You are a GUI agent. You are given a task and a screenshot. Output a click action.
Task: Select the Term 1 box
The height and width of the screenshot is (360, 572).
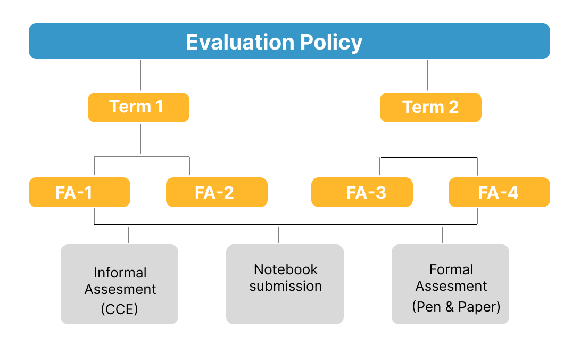(x=139, y=108)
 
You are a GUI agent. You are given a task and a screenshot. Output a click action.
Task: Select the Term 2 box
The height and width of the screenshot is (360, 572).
(x=430, y=108)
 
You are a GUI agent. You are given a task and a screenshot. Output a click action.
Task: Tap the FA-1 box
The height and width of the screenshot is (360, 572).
(x=79, y=192)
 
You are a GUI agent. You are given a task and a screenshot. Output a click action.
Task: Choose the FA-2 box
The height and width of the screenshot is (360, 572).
(x=217, y=192)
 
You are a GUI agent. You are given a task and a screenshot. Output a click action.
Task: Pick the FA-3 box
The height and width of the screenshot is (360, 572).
(x=362, y=192)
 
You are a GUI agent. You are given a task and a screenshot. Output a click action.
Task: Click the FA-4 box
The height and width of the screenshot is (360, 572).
(x=499, y=192)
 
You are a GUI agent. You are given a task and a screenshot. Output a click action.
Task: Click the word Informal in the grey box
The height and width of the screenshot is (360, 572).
(x=120, y=273)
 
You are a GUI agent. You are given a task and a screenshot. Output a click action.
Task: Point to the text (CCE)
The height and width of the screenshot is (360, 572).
(x=119, y=309)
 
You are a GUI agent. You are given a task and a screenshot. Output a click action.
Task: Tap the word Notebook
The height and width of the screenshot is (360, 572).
(x=286, y=269)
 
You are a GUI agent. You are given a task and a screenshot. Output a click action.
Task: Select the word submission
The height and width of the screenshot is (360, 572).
(x=286, y=286)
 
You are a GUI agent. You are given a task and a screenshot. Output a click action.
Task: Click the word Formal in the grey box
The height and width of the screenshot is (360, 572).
(x=451, y=269)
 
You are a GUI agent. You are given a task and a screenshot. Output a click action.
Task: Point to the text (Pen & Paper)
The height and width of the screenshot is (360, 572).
(x=456, y=307)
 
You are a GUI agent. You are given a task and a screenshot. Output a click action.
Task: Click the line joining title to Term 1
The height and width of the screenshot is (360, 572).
(x=140, y=75)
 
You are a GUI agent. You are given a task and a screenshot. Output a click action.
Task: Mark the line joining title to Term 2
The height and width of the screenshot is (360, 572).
(x=427, y=75)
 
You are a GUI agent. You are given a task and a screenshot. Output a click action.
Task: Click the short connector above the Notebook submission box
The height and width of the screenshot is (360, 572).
(x=278, y=235)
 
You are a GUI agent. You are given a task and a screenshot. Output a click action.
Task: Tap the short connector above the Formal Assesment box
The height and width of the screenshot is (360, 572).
(x=443, y=235)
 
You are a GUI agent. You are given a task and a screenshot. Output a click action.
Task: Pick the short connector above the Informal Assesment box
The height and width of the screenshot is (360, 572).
(x=129, y=235)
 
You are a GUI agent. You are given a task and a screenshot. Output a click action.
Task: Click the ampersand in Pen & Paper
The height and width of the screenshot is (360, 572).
(x=450, y=307)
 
